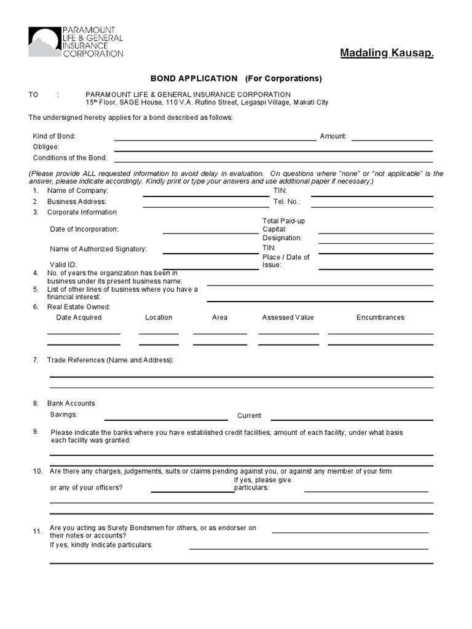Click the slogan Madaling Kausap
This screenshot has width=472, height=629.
tap(387, 54)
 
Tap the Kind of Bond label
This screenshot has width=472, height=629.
tap(54, 136)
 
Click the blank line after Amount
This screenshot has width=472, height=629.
tap(391, 140)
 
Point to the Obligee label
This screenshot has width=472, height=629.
tap(45, 147)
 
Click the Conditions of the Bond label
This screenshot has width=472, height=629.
tap(69, 158)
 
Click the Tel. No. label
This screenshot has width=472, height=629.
tap(286, 201)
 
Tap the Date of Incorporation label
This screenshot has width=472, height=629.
tap(84, 229)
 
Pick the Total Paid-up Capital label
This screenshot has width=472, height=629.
tap(283, 225)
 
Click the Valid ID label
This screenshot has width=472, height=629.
tap(63, 265)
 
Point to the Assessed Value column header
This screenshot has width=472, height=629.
tap(288, 318)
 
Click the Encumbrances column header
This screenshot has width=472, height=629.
tap(380, 318)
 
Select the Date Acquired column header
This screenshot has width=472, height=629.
tap(79, 318)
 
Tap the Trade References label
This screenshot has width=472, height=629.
tap(110, 360)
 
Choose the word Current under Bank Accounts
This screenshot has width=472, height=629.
tap(249, 416)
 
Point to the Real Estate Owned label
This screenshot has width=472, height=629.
tap(79, 307)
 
